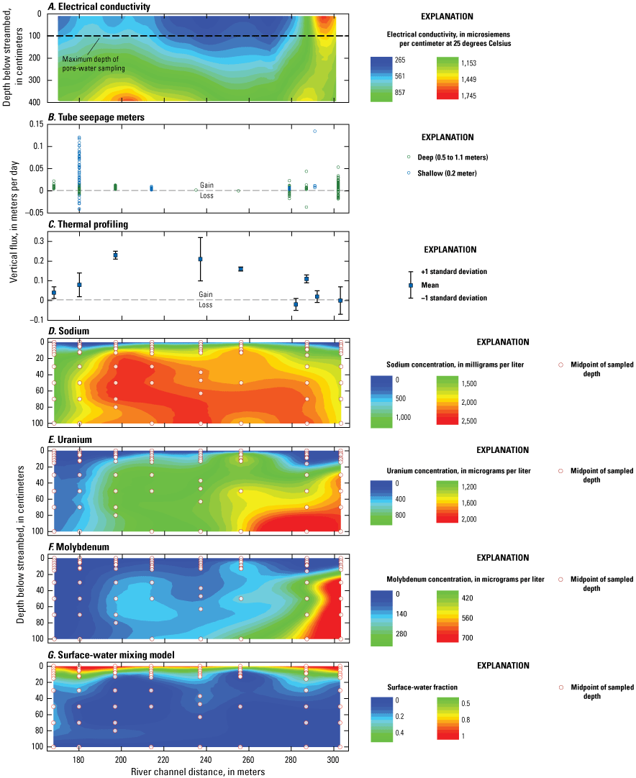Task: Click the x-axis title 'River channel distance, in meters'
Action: click(x=198, y=772)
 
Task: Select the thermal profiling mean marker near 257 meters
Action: click(x=241, y=269)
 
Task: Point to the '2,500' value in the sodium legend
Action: click(x=472, y=421)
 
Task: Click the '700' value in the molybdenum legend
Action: click(x=468, y=637)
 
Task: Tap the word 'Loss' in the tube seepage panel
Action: click(x=206, y=196)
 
